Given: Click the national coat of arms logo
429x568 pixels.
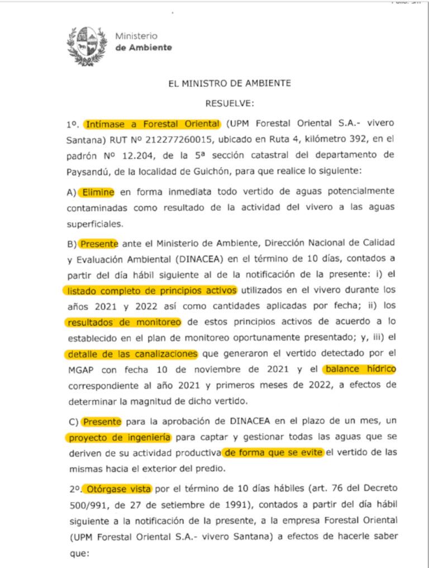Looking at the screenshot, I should pos(87,46).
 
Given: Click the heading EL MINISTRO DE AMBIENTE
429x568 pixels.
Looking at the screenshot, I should pos(230,83).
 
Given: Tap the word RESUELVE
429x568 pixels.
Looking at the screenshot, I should pos(230,103).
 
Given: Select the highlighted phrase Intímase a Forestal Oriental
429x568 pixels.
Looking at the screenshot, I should pos(152,124).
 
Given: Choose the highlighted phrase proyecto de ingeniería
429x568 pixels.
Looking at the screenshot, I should pos(119,437).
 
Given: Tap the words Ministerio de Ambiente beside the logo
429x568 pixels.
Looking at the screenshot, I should pos(143,42).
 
